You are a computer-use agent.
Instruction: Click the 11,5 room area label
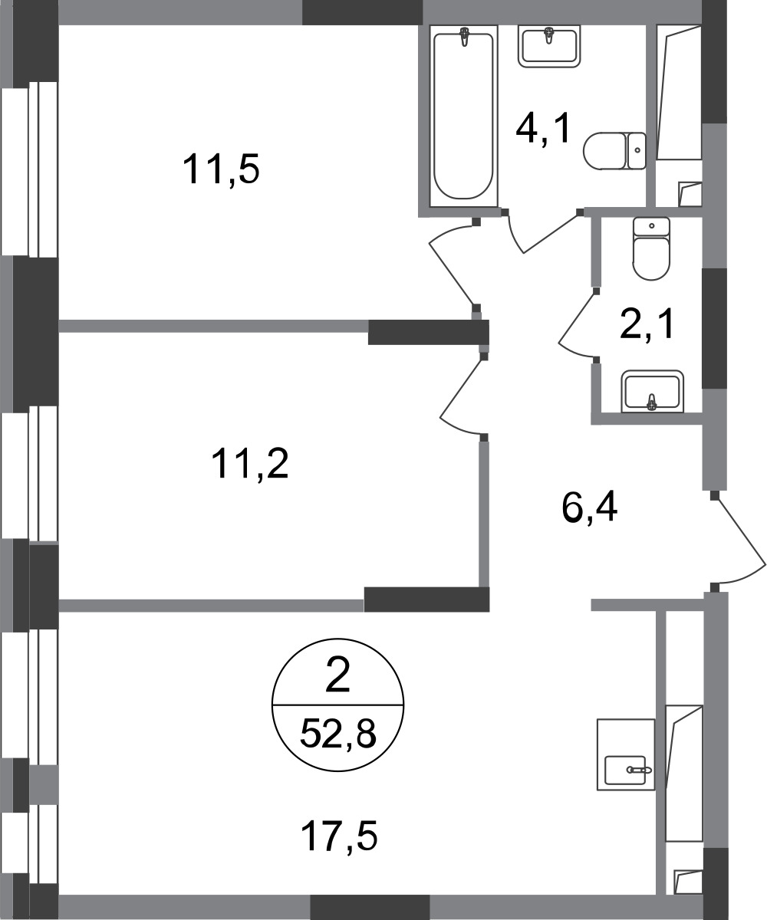tap(221, 169)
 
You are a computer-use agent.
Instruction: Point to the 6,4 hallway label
tap(589, 507)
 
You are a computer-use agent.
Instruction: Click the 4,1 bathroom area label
tap(544, 128)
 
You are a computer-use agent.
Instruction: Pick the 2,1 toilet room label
tap(647, 324)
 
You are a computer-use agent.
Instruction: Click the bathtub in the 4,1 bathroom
tap(463, 116)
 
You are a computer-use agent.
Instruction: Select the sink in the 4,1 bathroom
tap(549, 46)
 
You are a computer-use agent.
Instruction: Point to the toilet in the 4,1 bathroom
tap(614, 151)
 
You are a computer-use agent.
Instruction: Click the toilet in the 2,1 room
tap(651, 248)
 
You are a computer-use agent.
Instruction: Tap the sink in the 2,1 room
tap(653, 391)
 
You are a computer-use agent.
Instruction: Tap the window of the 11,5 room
tap(29, 169)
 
